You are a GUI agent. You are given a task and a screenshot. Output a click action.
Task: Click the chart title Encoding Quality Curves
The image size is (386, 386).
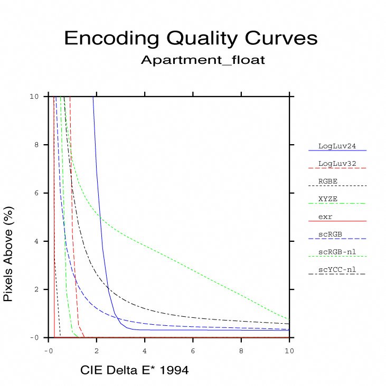click(x=191, y=39)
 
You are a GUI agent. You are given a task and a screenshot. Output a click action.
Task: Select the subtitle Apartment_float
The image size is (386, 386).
click(x=203, y=60)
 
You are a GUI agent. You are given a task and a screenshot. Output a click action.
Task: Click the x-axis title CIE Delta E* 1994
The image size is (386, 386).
click(x=134, y=370)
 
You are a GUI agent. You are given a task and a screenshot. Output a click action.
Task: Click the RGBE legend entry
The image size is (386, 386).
click(x=328, y=181)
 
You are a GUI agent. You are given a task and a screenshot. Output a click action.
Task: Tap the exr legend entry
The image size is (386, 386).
click(x=325, y=216)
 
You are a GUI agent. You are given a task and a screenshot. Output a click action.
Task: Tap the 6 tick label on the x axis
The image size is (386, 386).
click(x=193, y=350)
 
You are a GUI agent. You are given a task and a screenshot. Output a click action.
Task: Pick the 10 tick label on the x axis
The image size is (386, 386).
click(x=289, y=350)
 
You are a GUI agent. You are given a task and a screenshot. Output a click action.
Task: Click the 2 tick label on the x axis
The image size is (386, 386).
click(x=97, y=350)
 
